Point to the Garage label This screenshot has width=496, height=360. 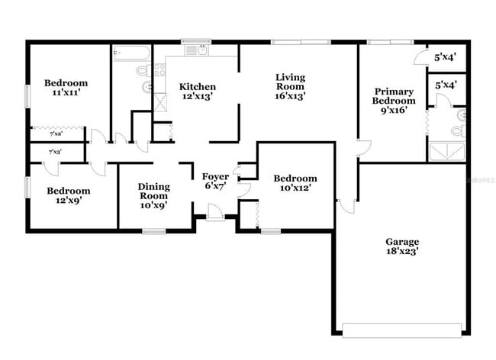pyautogui.click(x=401, y=241)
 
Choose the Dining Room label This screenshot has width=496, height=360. pyautogui.click(x=153, y=190)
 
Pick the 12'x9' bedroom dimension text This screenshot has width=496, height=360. pyautogui.click(x=68, y=201)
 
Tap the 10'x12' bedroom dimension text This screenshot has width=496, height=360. pyautogui.click(x=295, y=188)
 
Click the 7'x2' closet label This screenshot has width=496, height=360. pyautogui.click(x=56, y=134)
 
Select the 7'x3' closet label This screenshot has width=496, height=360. pyautogui.click(x=56, y=152)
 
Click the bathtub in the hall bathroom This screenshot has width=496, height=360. pyautogui.click(x=131, y=53)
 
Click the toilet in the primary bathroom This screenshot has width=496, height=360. pyautogui.click(x=458, y=130)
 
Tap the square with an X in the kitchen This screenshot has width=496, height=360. pyautogui.click(x=160, y=104)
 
